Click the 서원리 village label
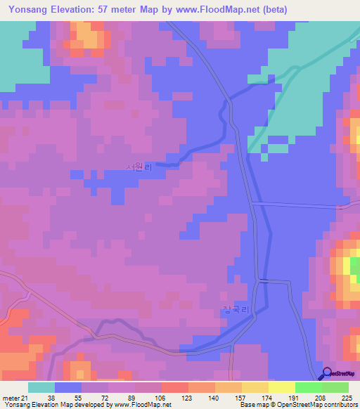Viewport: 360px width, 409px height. tap(138, 167)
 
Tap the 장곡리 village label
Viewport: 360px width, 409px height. tap(236, 310)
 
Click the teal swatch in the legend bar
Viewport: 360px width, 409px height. tap(41, 387)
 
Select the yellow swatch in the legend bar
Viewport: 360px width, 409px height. tap(282, 387)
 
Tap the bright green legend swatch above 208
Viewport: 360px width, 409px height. tap(309, 387)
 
